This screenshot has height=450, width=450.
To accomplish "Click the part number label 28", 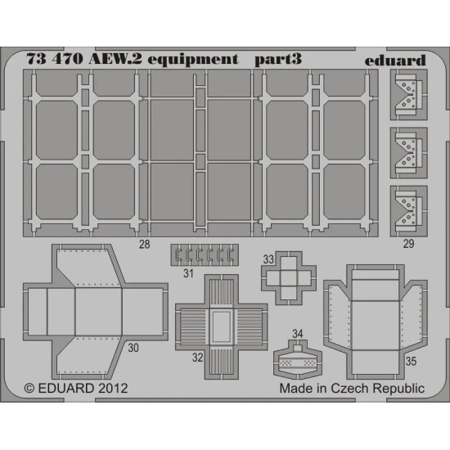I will [x=144, y=245].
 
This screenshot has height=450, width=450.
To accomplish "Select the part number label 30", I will [x=133, y=347].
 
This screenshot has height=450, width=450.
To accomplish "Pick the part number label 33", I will [x=267, y=259].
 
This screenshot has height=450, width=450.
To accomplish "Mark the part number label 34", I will [x=297, y=333].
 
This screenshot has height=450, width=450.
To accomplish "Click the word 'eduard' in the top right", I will [x=397, y=60].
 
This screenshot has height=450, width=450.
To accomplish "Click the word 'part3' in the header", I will [x=277, y=60].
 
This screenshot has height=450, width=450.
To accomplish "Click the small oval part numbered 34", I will [x=298, y=358].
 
